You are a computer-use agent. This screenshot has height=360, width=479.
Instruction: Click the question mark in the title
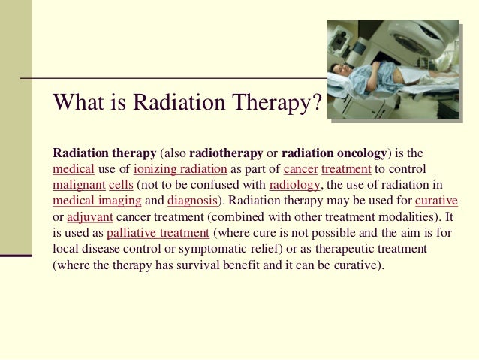pyautogui.click(x=317, y=102)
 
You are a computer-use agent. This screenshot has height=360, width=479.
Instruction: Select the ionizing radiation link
pyautogui.click(x=180, y=169)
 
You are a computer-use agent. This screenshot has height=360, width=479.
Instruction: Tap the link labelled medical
pyautogui.click(x=74, y=169)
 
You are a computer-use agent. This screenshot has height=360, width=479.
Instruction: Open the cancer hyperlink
pyautogui.click(x=300, y=169)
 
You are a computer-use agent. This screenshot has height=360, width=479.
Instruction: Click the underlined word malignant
pyautogui.click(x=79, y=185)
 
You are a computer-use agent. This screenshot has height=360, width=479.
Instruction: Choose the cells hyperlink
pyautogui.click(x=121, y=185)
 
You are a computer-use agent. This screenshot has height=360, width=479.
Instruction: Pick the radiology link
pyautogui.click(x=294, y=185)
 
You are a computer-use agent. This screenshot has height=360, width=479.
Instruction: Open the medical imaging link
pyautogui.click(x=97, y=201)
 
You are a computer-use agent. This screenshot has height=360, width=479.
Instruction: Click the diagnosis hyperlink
pyautogui.click(x=192, y=201)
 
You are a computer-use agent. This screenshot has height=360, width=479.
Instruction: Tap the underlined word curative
pyautogui.click(x=436, y=201)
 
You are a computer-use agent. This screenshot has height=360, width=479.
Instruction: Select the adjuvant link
pyautogui.click(x=90, y=217)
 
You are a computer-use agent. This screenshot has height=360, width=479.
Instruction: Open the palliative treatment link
pyautogui.click(x=158, y=233)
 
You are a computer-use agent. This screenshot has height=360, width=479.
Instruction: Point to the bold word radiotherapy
pyautogui.click(x=226, y=153)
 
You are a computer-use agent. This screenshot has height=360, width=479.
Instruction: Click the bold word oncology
pyautogui.click(x=361, y=153)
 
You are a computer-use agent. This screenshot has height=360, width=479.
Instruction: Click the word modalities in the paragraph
pyautogui.click(x=405, y=217)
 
